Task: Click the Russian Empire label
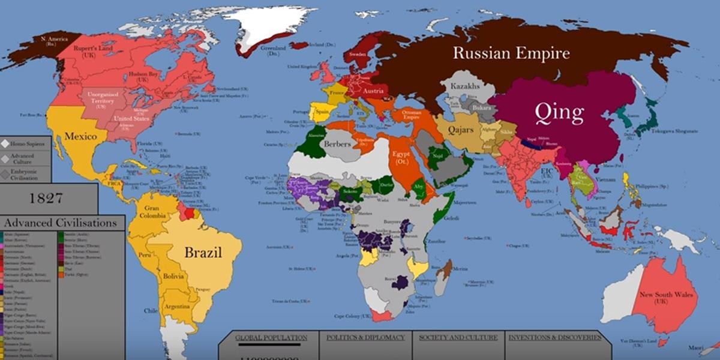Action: pos(511,53)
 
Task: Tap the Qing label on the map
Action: pos(560,112)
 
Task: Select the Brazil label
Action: pos(203,253)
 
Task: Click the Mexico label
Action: pos(81,137)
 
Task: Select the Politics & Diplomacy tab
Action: pos(365,338)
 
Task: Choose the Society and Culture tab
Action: pos(458,338)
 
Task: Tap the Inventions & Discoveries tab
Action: pos(554,338)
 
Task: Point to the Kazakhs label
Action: pos(464,86)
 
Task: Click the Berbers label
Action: pos(337,144)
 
